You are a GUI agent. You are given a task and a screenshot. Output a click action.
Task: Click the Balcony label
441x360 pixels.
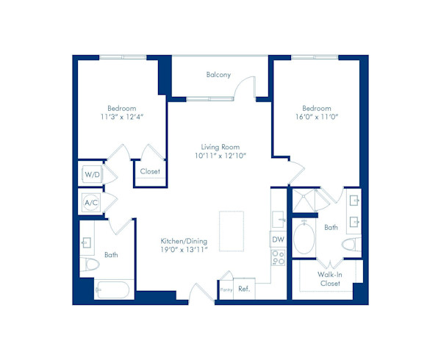218,75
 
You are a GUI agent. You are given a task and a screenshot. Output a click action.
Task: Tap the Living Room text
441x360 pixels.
220,147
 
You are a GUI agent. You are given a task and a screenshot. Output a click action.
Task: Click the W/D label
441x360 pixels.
91,175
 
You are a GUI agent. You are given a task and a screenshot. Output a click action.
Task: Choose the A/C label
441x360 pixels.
91,202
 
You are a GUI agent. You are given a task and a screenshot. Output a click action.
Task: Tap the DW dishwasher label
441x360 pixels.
278,240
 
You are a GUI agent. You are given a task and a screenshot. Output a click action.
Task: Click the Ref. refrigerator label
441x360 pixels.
244,289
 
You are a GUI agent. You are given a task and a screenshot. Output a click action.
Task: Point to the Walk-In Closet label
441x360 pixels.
329,279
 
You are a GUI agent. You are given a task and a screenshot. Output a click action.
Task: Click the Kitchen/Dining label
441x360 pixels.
184,240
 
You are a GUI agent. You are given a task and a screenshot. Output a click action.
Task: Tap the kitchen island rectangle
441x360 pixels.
232,231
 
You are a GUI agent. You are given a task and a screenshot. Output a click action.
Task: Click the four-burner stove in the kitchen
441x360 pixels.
279,258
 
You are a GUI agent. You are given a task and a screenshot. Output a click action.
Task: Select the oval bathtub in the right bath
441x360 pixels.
303,237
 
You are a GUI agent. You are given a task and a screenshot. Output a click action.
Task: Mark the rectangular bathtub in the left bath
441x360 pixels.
113,289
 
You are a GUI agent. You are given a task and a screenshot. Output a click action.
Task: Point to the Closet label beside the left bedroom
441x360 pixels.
150,171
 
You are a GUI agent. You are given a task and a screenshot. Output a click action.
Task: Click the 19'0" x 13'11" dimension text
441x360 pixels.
184,250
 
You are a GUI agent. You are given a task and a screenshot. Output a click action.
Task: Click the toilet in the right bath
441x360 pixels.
348,245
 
